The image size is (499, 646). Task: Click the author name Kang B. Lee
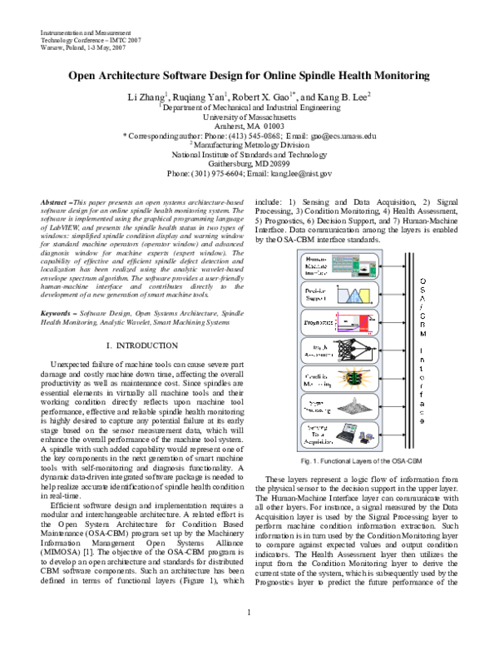[343, 97]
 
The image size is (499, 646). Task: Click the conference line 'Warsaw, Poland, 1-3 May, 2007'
[83, 48]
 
